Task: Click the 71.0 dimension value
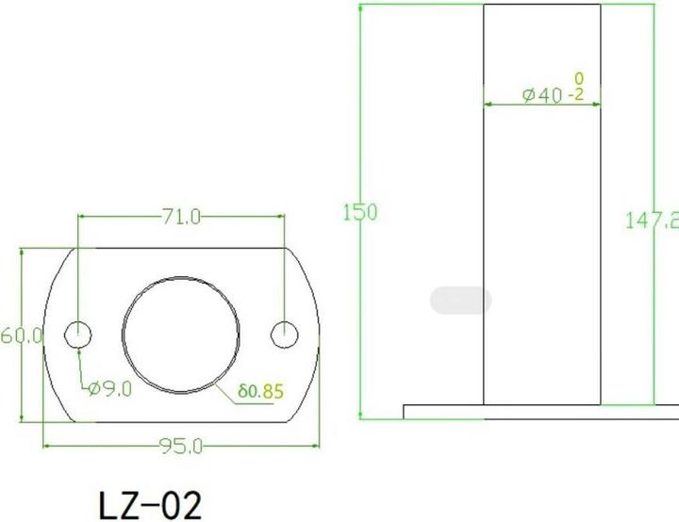click(181, 217)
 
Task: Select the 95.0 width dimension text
click(180, 446)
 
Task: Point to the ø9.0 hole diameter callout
click(110, 387)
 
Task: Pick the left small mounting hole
click(78, 333)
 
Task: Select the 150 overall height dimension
click(358, 212)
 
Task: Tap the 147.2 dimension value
click(653, 220)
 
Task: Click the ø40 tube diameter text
click(542, 94)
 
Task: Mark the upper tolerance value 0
click(578, 78)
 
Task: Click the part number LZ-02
click(150, 503)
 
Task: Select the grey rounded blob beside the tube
click(460, 302)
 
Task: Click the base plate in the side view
click(538, 412)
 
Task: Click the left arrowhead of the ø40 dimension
click(489, 104)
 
